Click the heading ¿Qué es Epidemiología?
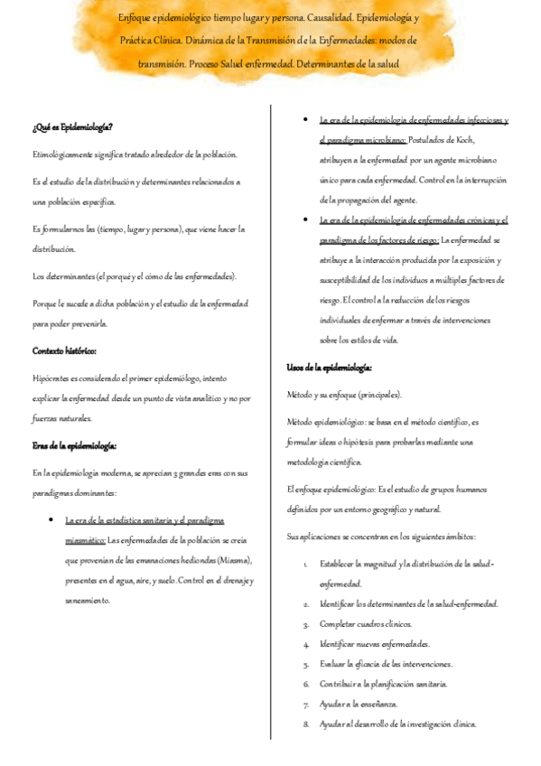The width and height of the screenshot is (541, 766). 72,127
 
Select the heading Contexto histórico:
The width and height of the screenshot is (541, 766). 64,350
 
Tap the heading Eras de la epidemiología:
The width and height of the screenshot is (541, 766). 75,445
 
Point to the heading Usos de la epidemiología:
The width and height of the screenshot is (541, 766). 330,368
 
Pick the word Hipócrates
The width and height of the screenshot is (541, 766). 56,379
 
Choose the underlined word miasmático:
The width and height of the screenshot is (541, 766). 86,540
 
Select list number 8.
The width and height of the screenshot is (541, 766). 306,724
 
